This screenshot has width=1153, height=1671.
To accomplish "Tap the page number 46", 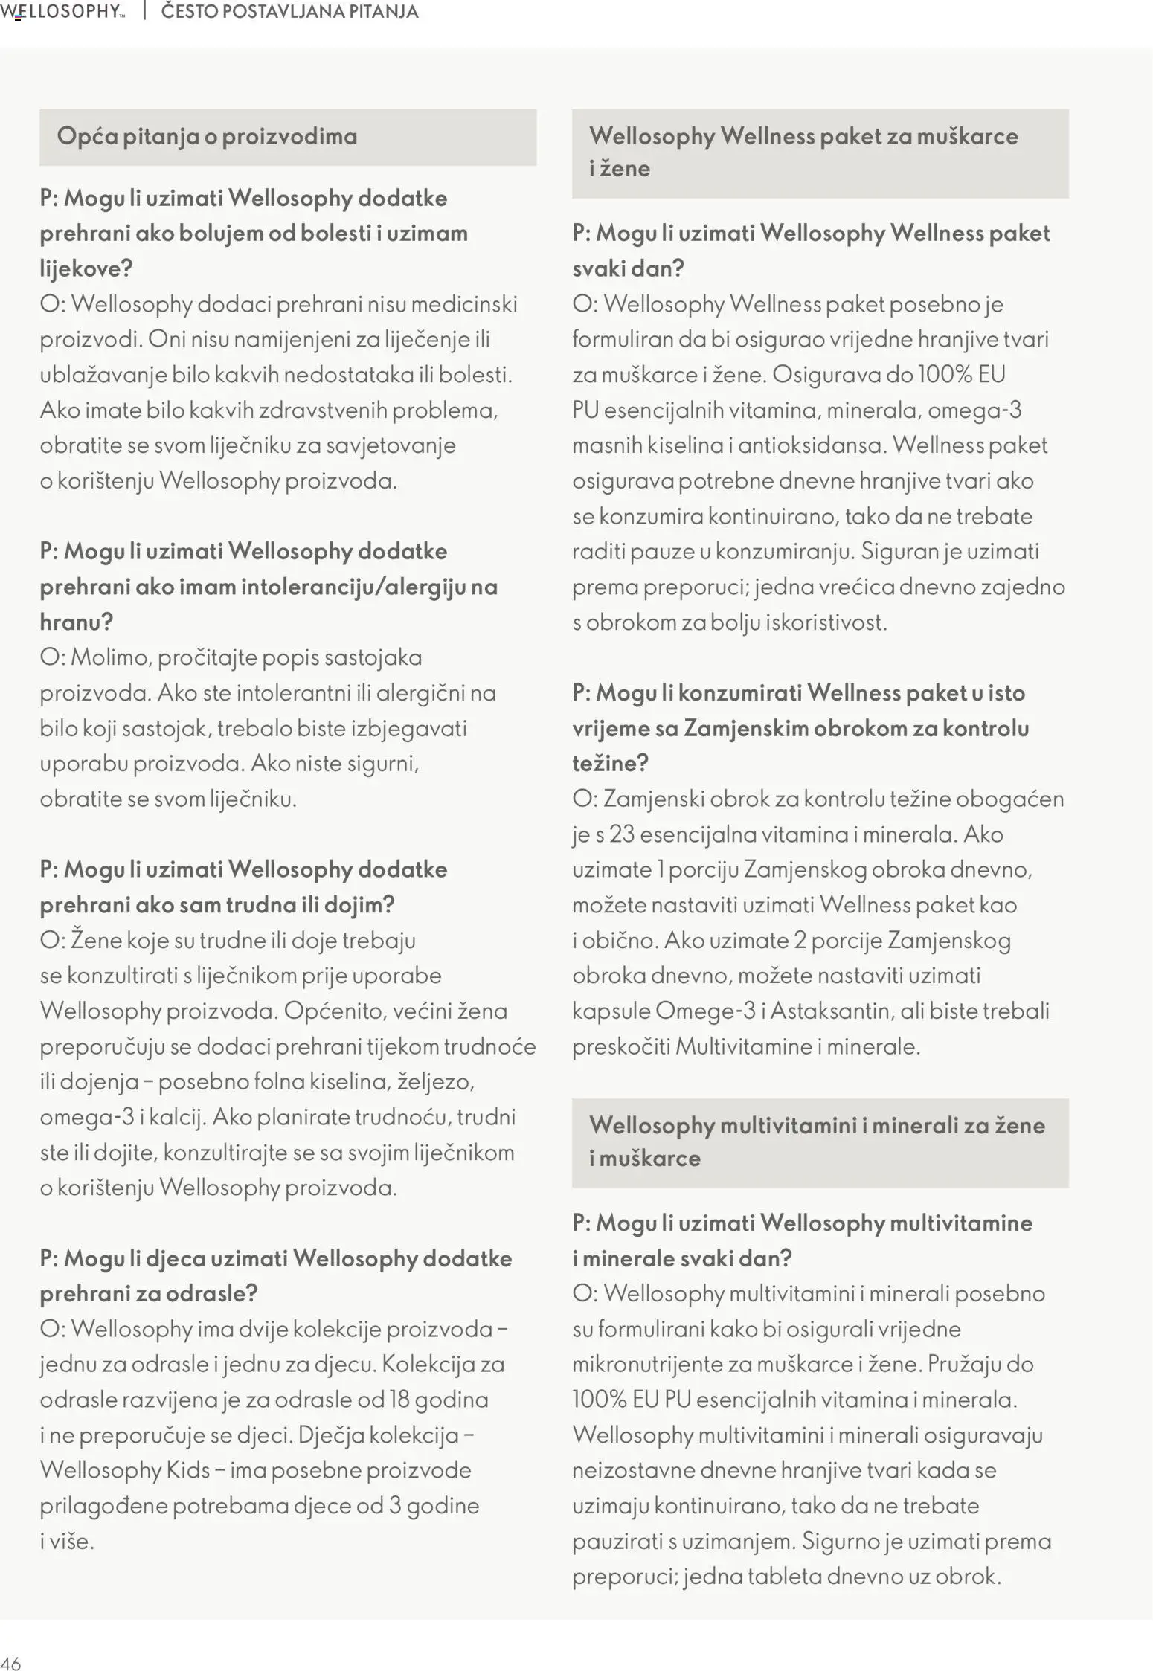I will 10,1663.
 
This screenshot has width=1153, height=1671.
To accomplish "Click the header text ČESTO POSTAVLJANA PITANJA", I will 289,12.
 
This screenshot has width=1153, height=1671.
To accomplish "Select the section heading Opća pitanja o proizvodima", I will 207,136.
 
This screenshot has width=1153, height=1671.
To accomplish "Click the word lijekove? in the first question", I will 86,268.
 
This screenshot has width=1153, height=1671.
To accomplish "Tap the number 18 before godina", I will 399,1400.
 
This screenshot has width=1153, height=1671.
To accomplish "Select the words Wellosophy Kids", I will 125,1470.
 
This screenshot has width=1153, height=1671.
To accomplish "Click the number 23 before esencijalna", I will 622,834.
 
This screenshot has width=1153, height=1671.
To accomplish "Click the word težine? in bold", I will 611,763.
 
